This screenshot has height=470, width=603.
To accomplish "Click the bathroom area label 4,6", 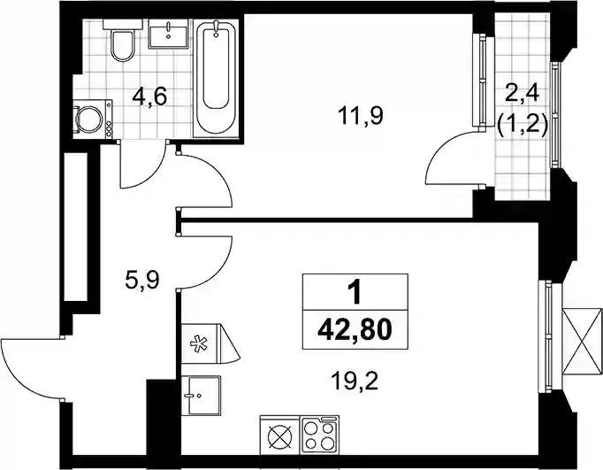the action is pyautogui.click(x=149, y=96).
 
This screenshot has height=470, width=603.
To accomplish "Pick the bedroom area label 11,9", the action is pyautogui.click(x=361, y=115).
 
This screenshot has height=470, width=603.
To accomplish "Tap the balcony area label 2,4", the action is pyautogui.click(x=523, y=95).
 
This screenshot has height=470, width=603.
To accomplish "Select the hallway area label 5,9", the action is pyautogui.click(x=141, y=281).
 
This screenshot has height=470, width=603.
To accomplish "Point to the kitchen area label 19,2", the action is pyautogui.click(x=355, y=381).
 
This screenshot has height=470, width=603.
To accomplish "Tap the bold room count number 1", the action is pyautogui.click(x=355, y=292).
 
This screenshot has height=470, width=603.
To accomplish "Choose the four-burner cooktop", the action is pyautogui.click(x=319, y=435).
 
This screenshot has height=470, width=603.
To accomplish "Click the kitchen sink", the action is pyautogui.click(x=201, y=396).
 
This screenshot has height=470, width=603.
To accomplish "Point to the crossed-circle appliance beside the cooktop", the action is pyautogui.click(x=279, y=435).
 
